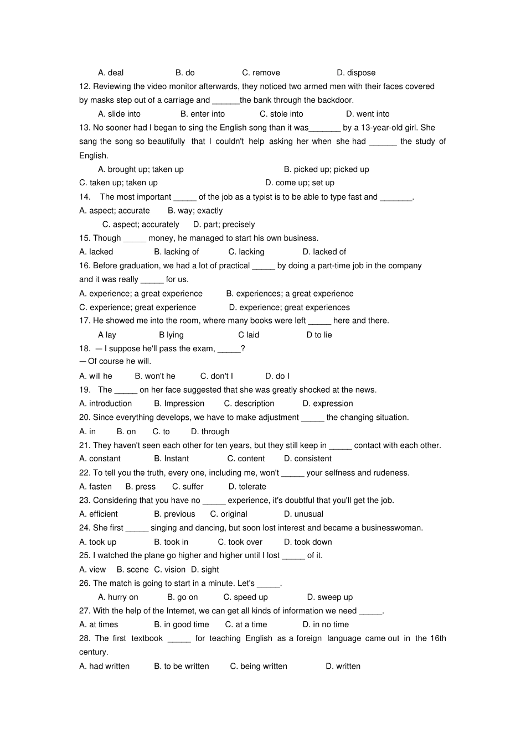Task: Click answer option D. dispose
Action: (x=356, y=73)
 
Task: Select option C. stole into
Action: (x=281, y=114)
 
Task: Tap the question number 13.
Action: (x=85, y=128)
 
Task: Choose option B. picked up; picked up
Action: (x=326, y=169)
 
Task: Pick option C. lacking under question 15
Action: (x=246, y=252)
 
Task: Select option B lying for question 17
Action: (x=171, y=335)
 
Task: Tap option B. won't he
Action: (x=155, y=376)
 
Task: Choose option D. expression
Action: (x=328, y=404)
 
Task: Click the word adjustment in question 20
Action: (x=275, y=418)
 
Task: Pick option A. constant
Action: (x=100, y=459)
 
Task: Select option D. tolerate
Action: (x=247, y=487)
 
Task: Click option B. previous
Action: (x=174, y=514)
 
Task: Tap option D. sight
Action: (x=205, y=569)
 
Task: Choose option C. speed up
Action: (x=245, y=597)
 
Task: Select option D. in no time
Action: (x=326, y=625)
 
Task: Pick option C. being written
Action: (x=259, y=666)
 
